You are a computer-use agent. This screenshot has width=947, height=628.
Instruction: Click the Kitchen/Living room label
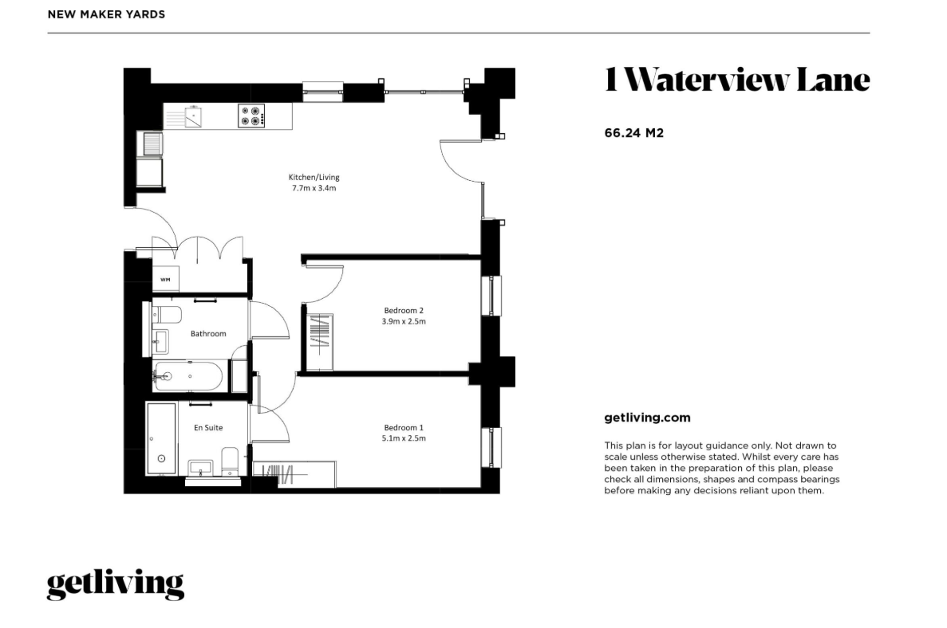(314, 178)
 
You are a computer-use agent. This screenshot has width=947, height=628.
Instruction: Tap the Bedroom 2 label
(404, 311)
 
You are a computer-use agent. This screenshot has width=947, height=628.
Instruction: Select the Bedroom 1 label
(404, 428)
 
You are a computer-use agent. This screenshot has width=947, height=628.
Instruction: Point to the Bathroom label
(208, 334)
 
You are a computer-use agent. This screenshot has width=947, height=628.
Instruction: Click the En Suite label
(208, 428)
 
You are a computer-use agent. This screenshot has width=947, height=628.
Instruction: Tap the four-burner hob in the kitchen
(252, 116)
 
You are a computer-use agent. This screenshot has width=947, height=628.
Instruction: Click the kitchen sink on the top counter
(193, 116)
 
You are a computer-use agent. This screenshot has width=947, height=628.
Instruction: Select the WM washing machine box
(165, 279)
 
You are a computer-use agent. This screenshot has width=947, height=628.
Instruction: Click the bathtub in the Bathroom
(187, 376)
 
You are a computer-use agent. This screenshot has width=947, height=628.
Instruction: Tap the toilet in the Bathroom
(167, 315)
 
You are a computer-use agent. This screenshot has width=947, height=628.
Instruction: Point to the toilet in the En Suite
(230, 461)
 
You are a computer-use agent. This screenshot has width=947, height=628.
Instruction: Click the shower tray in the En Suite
(161, 438)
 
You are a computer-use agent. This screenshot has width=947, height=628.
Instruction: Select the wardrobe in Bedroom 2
(319, 342)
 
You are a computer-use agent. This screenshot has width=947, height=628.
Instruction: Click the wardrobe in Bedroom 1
(294, 474)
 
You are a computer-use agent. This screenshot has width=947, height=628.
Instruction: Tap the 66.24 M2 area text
(634, 133)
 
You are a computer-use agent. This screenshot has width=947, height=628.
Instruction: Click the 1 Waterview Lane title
(737, 80)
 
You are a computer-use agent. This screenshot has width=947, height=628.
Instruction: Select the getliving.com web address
(648, 418)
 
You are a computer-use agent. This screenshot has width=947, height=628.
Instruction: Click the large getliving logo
(116, 584)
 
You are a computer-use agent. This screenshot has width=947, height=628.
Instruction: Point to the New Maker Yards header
(106, 14)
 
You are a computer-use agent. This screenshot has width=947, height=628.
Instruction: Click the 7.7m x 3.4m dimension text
(314, 188)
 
